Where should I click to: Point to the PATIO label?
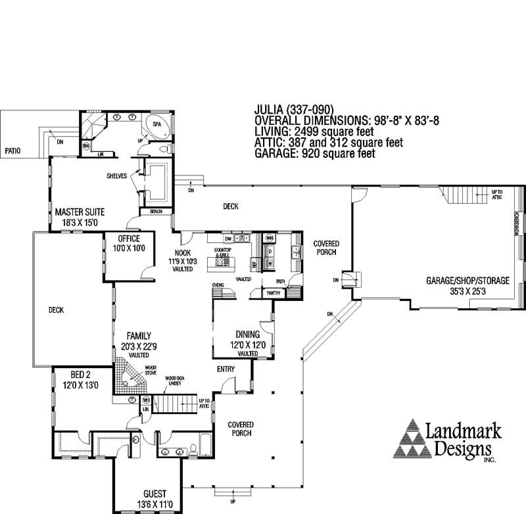12,151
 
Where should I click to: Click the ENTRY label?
226,369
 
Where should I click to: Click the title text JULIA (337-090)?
295,110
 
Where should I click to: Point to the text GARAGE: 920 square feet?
314,154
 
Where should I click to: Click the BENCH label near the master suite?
156,212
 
